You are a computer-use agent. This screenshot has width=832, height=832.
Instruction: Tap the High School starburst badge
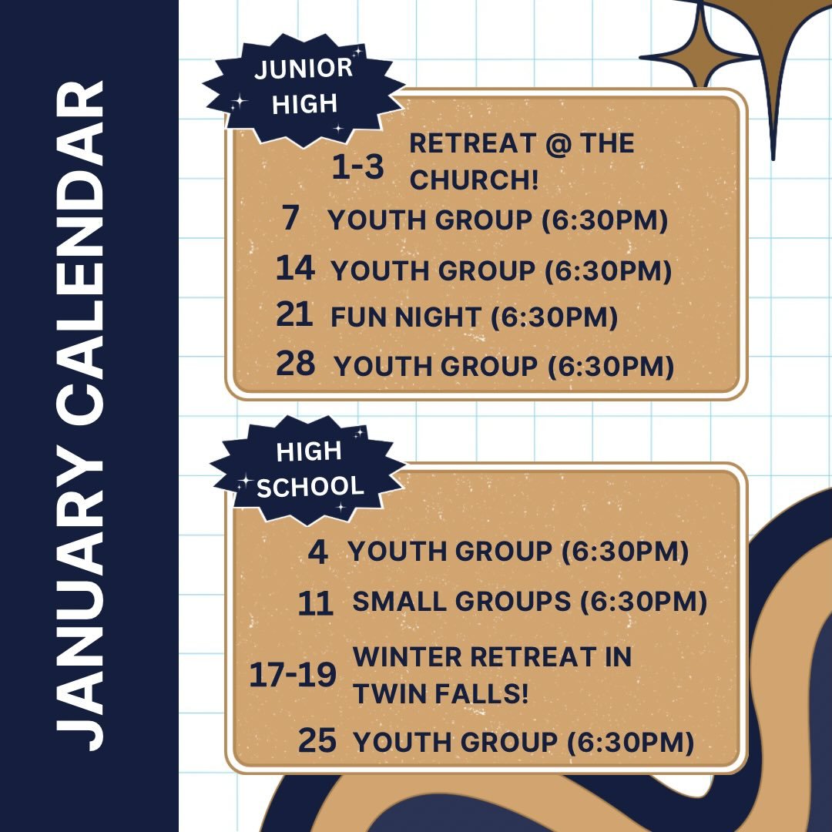pyautogui.click(x=308, y=469)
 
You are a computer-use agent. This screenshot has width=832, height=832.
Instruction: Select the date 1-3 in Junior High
pyautogui.click(x=357, y=167)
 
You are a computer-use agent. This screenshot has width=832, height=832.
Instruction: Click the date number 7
pyautogui.click(x=290, y=219)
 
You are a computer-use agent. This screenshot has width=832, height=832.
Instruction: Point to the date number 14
pyautogui.click(x=295, y=268)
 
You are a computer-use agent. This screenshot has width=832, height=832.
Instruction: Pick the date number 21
pyautogui.click(x=294, y=315)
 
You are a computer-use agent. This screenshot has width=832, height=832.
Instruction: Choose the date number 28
pyautogui.click(x=296, y=364)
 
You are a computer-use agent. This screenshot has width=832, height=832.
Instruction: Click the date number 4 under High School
pyautogui.click(x=317, y=552)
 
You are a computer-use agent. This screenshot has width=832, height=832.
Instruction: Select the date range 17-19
pyautogui.click(x=293, y=676)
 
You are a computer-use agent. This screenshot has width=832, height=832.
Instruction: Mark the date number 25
pyautogui.click(x=317, y=741)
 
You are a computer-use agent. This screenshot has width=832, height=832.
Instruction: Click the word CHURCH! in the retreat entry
pyautogui.click(x=473, y=179)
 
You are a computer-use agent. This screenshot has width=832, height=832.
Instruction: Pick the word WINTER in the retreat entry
pyautogui.click(x=407, y=657)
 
